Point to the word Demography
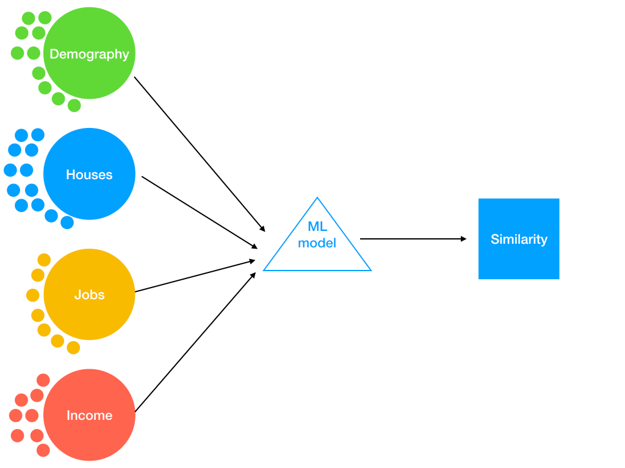click(x=89, y=54)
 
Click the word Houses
click(x=89, y=175)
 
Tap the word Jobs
click(x=89, y=295)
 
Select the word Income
click(x=89, y=416)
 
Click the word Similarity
click(x=519, y=239)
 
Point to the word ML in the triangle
click(x=317, y=228)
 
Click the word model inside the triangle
click(x=317, y=243)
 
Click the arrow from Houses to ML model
click(x=198, y=212)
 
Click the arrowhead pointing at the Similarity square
click(x=464, y=239)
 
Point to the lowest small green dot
click(x=74, y=105)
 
